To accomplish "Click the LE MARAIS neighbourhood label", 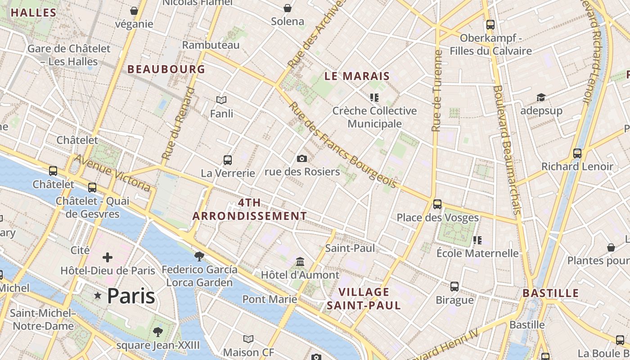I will coord(357,76).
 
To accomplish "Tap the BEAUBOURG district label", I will coord(166,69).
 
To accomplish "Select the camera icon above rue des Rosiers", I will coord(302,158).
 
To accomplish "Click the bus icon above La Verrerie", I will coord(228,160).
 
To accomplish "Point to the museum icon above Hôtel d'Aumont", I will coord(300,261).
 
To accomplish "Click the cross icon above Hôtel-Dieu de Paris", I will coord(107,257).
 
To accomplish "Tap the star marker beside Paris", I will coord(98,296).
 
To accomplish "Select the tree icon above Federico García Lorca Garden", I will coord(199,256).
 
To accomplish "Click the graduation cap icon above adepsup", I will coord(541,97).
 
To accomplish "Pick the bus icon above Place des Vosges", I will coord(437,204).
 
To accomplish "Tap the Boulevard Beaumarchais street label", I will coord(506,149).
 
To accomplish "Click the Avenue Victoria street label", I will coord(112,173).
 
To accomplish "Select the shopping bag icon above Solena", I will coord(287,8).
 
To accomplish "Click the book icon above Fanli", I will coord(221,100).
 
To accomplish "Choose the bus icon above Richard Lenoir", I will coord(577,153).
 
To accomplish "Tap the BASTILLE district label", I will coord(550,293).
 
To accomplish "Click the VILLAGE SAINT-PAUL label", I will coord(364,299).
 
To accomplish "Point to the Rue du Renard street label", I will coord(179,123).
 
